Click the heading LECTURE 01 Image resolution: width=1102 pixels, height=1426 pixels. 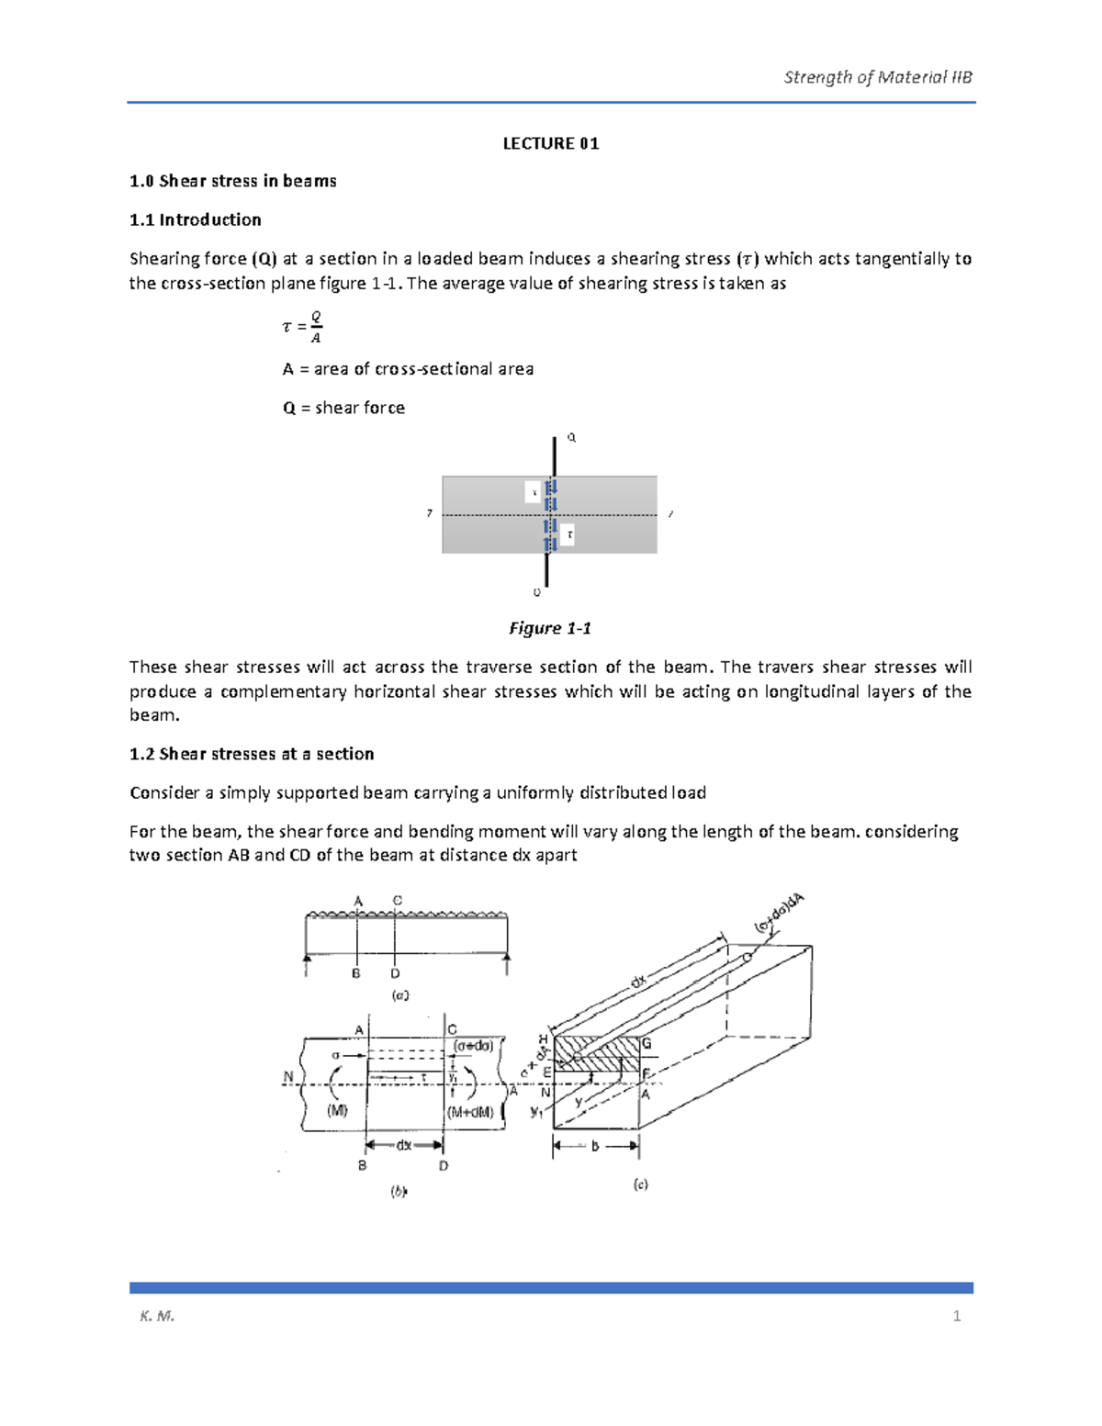coord(550,143)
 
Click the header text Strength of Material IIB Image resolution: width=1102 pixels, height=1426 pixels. coord(877,77)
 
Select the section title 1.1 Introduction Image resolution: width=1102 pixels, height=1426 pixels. coord(195,219)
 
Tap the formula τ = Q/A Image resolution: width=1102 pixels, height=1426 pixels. coord(302,327)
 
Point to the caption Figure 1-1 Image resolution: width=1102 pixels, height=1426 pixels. coord(550,628)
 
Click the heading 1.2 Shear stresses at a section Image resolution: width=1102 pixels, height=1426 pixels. coord(252,754)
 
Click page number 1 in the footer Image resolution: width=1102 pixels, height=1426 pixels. coord(957,1316)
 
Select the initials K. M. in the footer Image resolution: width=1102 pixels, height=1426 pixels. coord(157,1316)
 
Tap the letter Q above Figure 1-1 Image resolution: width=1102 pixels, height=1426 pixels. coord(571,438)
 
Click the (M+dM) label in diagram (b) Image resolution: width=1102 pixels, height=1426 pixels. coord(471,1111)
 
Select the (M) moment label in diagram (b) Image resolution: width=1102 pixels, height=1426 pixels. coord(337,1110)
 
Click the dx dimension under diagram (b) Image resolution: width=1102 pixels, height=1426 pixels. coord(404,1145)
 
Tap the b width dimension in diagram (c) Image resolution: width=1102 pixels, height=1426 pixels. coord(595,1146)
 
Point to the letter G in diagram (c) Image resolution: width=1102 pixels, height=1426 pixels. coord(647,1044)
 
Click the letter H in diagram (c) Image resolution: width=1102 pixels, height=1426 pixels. coord(544,1039)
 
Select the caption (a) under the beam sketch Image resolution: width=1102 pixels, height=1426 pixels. coord(399,994)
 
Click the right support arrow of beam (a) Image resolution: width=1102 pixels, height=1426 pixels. coord(507,961)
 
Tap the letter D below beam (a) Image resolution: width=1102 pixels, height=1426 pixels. coord(395,973)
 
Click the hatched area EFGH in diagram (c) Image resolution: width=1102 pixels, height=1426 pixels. coord(597,1053)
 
